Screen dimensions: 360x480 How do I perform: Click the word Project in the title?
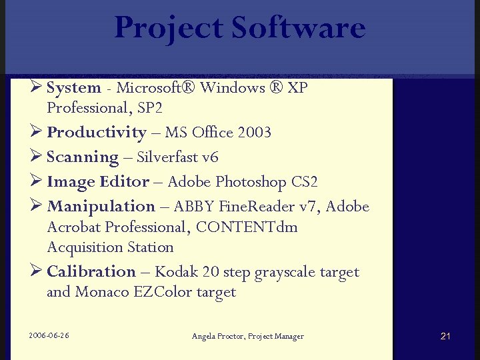point(169,28)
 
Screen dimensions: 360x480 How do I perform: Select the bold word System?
point(73,88)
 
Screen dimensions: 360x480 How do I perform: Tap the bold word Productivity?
point(96,133)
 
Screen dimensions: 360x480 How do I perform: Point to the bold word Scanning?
point(83,157)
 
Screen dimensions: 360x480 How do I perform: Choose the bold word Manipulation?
point(101,207)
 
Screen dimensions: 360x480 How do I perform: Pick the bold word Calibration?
point(91,272)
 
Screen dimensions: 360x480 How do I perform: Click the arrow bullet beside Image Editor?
point(36,181)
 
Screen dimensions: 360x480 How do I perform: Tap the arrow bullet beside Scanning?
point(36,157)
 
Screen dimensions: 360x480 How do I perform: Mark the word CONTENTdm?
point(246,227)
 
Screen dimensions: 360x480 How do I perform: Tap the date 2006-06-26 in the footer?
point(49,335)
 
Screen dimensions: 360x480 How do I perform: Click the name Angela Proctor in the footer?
point(217,336)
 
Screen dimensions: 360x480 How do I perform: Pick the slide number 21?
point(445,336)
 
